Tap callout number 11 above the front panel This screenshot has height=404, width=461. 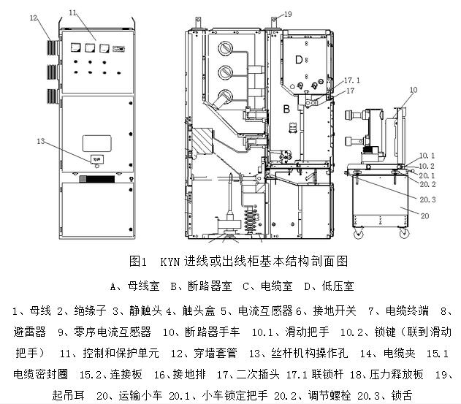[72, 12]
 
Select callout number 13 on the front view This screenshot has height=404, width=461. [39, 140]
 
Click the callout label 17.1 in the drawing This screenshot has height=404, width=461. [353, 79]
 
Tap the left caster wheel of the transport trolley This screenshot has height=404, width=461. [359, 236]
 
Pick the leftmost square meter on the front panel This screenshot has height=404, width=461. [75, 48]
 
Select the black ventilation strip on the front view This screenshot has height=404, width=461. [101, 178]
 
